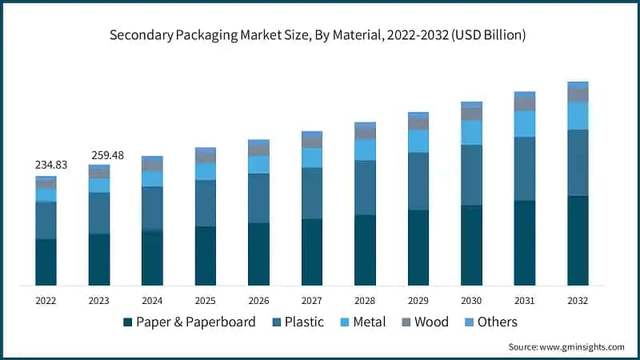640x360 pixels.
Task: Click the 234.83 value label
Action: [51, 165]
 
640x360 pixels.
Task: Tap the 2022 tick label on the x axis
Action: [46, 300]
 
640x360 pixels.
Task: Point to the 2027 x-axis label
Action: [312, 300]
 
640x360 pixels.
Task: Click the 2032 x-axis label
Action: [578, 300]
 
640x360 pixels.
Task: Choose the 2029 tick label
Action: [418, 300]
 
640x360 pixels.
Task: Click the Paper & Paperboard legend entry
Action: [189, 322]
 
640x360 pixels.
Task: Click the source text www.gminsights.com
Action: [566, 346]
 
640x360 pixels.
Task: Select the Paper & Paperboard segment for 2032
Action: [578, 240]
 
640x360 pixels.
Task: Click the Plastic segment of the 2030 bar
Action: [471, 175]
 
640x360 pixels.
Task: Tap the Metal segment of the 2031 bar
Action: [525, 123]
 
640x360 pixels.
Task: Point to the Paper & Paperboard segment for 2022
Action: [46, 262]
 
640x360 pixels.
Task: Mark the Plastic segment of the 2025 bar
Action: [206, 203]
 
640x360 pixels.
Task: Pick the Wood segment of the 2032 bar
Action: [578, 94]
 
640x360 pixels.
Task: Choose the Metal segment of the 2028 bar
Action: [365, 150]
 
